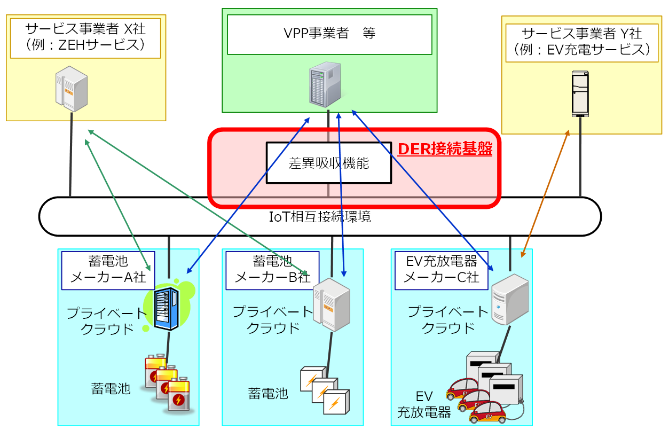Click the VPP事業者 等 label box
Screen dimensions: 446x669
329,34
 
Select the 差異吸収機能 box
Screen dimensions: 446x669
328,163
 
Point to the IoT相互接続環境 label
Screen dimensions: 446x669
320,217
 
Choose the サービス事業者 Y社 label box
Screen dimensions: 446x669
581,43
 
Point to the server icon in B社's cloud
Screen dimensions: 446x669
331,304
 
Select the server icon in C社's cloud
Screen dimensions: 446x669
509,299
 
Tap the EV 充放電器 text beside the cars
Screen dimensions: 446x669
424,404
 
